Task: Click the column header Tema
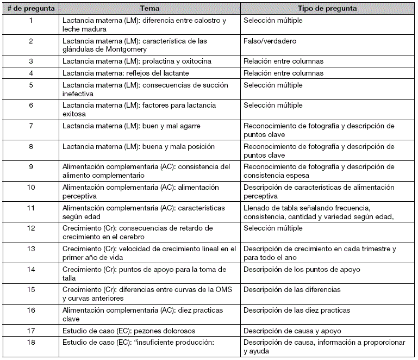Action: [x=149, y=9]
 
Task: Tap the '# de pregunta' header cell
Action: [x=30, y=9]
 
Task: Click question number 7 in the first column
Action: [x=30, y=126]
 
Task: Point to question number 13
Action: [x=30, y=249]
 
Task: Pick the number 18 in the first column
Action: [x=30, y=343]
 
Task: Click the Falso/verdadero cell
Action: [x=270, y=41]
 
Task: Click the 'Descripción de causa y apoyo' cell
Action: [x=292, y=331]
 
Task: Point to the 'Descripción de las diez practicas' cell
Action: [x=297, y=311]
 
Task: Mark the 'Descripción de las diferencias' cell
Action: [x=292, y=290]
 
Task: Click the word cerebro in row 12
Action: [x=132, y=237]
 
